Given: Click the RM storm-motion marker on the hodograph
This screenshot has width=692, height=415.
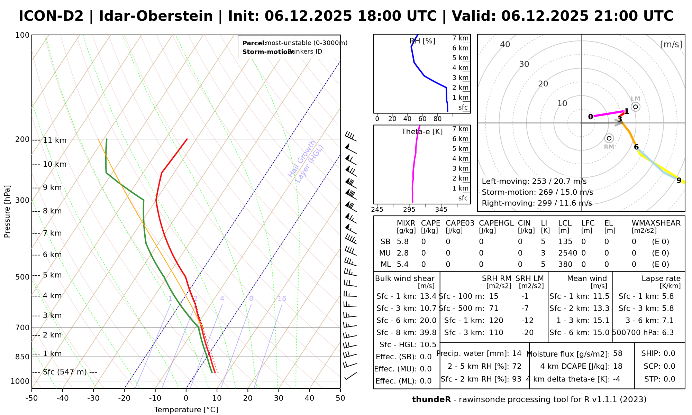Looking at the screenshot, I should (x=609, y=138).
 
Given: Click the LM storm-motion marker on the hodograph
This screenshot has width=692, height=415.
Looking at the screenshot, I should (x=636, y=107).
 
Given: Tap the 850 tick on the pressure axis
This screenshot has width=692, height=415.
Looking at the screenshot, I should (x=22, y=357).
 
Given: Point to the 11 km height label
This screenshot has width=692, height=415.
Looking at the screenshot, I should (x=55, y=140).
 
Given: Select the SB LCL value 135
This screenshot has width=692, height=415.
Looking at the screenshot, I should (x=565, y=242).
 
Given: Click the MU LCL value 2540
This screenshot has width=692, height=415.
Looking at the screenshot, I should (x=567, y=253).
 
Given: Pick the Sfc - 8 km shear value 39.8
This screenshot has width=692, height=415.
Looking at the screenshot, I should (x=428, y=333).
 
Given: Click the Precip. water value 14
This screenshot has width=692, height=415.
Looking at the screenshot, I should (x=517, y=353).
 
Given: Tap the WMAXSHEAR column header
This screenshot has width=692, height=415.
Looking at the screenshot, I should (x=656, y=223).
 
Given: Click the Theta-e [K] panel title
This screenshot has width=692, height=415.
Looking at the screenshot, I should (x=422, y=132).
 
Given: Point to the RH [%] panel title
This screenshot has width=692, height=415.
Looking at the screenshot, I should (x=422, y=41).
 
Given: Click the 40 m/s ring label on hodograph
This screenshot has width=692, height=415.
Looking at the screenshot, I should (x=505, y=45).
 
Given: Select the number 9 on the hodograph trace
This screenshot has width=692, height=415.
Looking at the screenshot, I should (x=679, y=181).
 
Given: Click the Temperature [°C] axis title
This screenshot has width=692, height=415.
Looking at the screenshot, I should (x=186, y=410).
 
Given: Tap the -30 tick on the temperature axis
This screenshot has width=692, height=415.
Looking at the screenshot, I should (x=93, y=398).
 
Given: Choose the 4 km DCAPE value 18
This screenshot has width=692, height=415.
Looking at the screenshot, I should (x=618, y=366).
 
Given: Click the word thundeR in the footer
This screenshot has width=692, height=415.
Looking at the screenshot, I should (x=431, y=400).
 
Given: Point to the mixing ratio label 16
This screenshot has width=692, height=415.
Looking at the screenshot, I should (x=282, y=299).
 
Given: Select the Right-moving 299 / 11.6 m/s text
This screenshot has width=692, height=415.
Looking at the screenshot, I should (x=537, y=203).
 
